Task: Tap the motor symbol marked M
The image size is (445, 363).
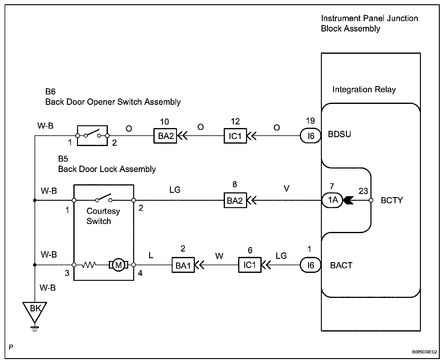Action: pyautogui.click(x=118, y=265)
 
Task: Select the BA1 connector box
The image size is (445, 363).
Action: pyautogui.click(x=183, y=265)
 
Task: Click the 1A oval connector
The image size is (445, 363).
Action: pyautogui.click(x=333, y=200)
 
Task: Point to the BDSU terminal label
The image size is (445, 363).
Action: pyautogui.click(x=339, y=134)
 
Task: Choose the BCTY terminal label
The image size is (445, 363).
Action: pyautogui.click(x=392, y=200)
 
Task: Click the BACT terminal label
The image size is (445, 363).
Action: pyautogui.click(x=341, y=265)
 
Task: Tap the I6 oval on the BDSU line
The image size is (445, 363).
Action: pyautogui.click(x=311, y=136)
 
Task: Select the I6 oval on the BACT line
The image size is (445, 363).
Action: pyautogui.click(x=311, y=265)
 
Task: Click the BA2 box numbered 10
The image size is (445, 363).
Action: pyautogui.click(x=165, y=136)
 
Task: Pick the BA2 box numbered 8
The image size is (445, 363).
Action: pyautogui.click(x=235, y=200)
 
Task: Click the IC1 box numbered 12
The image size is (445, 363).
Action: pyautogui.click(x=235, y=136)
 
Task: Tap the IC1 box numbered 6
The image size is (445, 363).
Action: pyautogui.click(x=250, y=265)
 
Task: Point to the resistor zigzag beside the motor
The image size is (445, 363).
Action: pyautogui.click(x=89, y=265)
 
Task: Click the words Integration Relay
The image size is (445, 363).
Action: pyautogui.click(x=364, y=90)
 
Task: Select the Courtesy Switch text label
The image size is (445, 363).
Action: pyautogui.click(x=103, y=216)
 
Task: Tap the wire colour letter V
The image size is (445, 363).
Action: pyautogui.click(x=286, y=188)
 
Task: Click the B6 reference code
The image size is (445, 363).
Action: pyautogui.click(x=50, y=92)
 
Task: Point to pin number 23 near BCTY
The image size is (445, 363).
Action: pyautogui.click(x=363, y=191)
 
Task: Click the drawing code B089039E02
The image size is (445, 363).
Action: pyautogui.click(x=425, y=352)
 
